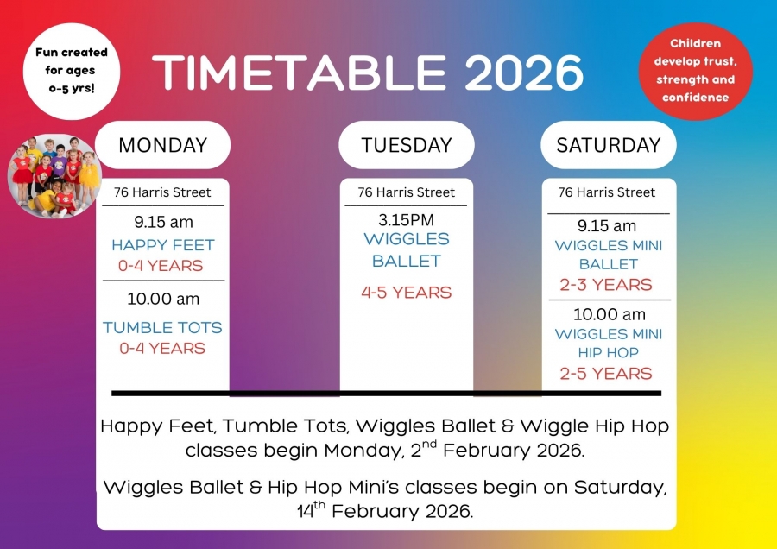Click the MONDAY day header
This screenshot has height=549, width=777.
162,145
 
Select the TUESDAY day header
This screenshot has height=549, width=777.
407,145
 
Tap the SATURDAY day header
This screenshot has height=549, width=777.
609,145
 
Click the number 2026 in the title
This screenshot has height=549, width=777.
524,73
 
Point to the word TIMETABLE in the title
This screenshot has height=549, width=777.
300,73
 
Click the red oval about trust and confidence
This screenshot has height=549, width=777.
695,71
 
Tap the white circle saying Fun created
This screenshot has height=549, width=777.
72,71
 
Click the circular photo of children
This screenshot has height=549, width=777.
54,176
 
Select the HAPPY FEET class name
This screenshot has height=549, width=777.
163,245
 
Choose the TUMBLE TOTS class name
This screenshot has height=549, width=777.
162,327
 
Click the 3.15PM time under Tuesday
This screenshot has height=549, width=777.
407,219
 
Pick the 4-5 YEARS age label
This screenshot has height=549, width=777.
407,293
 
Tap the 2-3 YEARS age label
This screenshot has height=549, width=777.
606,284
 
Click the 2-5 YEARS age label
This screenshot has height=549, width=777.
606,373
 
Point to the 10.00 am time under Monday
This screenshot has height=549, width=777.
163,299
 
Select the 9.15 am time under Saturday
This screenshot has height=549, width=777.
607,226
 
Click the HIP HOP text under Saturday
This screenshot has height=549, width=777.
609,352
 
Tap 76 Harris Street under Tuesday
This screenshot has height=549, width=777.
407,192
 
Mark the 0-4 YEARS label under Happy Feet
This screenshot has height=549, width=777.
161,266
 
